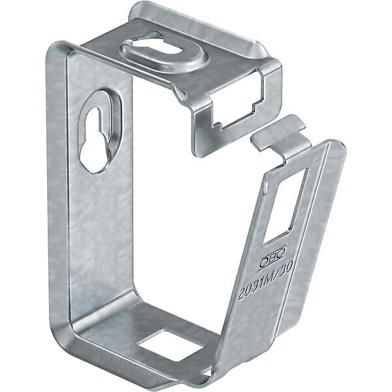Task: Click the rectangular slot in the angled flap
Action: pos(286,206)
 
